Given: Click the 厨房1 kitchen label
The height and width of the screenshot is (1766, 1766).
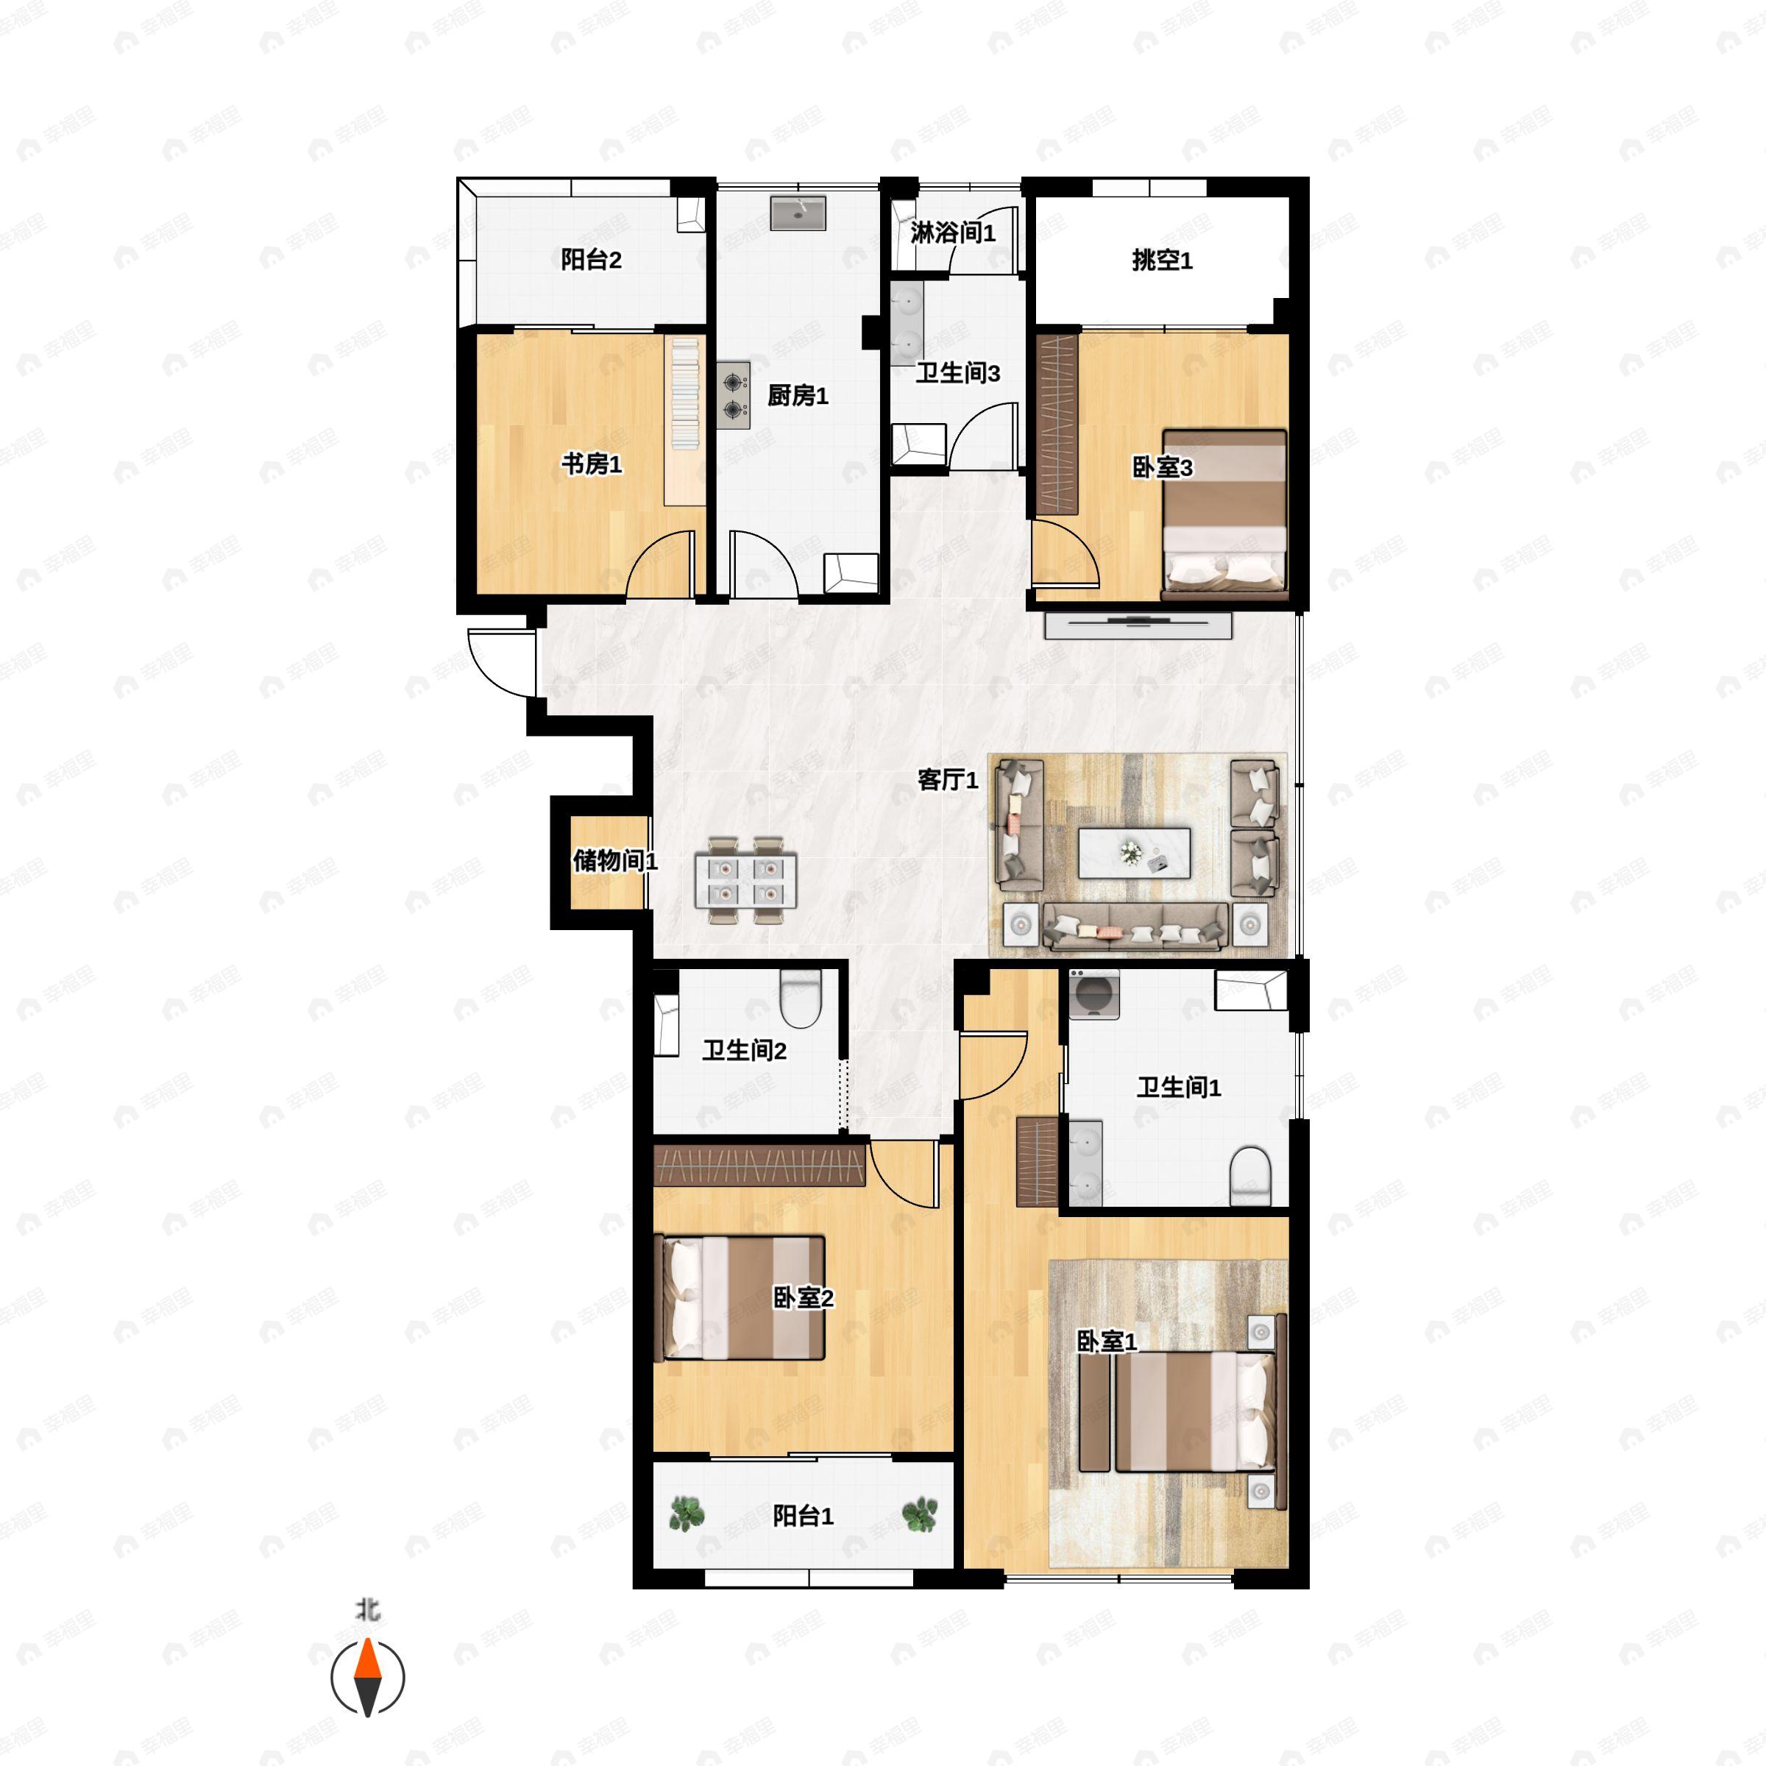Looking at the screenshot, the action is click(797, 396).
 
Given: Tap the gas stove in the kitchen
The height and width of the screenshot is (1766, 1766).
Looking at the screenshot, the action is click(733, 396).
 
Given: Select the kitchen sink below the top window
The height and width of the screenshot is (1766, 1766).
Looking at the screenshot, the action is click(798, 213).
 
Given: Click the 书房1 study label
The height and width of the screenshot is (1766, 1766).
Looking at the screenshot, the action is click(592, 464).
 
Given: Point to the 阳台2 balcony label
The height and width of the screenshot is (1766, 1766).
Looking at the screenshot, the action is click(592, 260).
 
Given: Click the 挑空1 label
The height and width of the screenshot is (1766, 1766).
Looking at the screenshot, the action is click(1162, 260).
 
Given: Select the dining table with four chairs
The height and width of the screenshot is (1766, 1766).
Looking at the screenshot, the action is click(745, 880).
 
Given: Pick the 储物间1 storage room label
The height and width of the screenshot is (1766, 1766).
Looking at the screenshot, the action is click(615, 860).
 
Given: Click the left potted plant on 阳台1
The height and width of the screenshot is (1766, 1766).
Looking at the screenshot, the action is click(687, 1514).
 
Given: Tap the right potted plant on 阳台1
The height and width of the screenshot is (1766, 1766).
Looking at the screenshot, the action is click(920, 1514).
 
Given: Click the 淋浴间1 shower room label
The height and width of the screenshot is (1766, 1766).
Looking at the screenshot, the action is click(952, 233).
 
